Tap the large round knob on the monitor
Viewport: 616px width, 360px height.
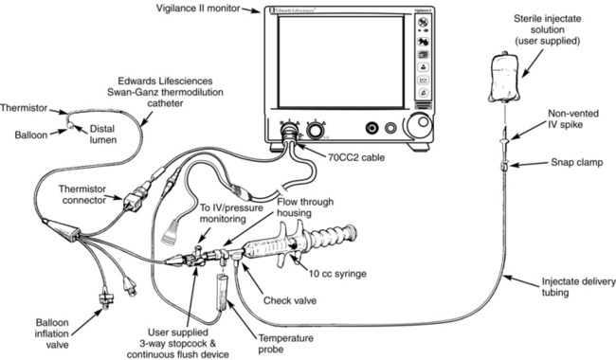point(419,126)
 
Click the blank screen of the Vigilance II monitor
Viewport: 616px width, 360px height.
point(340,62)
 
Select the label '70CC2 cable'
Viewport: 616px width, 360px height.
point(356,157)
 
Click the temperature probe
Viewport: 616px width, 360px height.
point(223,291)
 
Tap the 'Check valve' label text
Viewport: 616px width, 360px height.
point(290,300)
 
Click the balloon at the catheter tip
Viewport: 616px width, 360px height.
point(69,126)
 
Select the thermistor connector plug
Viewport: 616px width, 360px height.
point(135,200)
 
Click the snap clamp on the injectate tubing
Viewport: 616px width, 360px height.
point(504,165)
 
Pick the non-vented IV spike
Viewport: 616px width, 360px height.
point(504,138)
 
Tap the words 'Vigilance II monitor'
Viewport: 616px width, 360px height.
point(198,9)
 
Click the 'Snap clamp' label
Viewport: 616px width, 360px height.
point(577,163)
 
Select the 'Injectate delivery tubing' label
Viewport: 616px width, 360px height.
point(579,287)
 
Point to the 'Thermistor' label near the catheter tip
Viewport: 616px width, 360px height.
point(24,108)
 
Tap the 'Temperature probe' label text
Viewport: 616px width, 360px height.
point(285,344)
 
